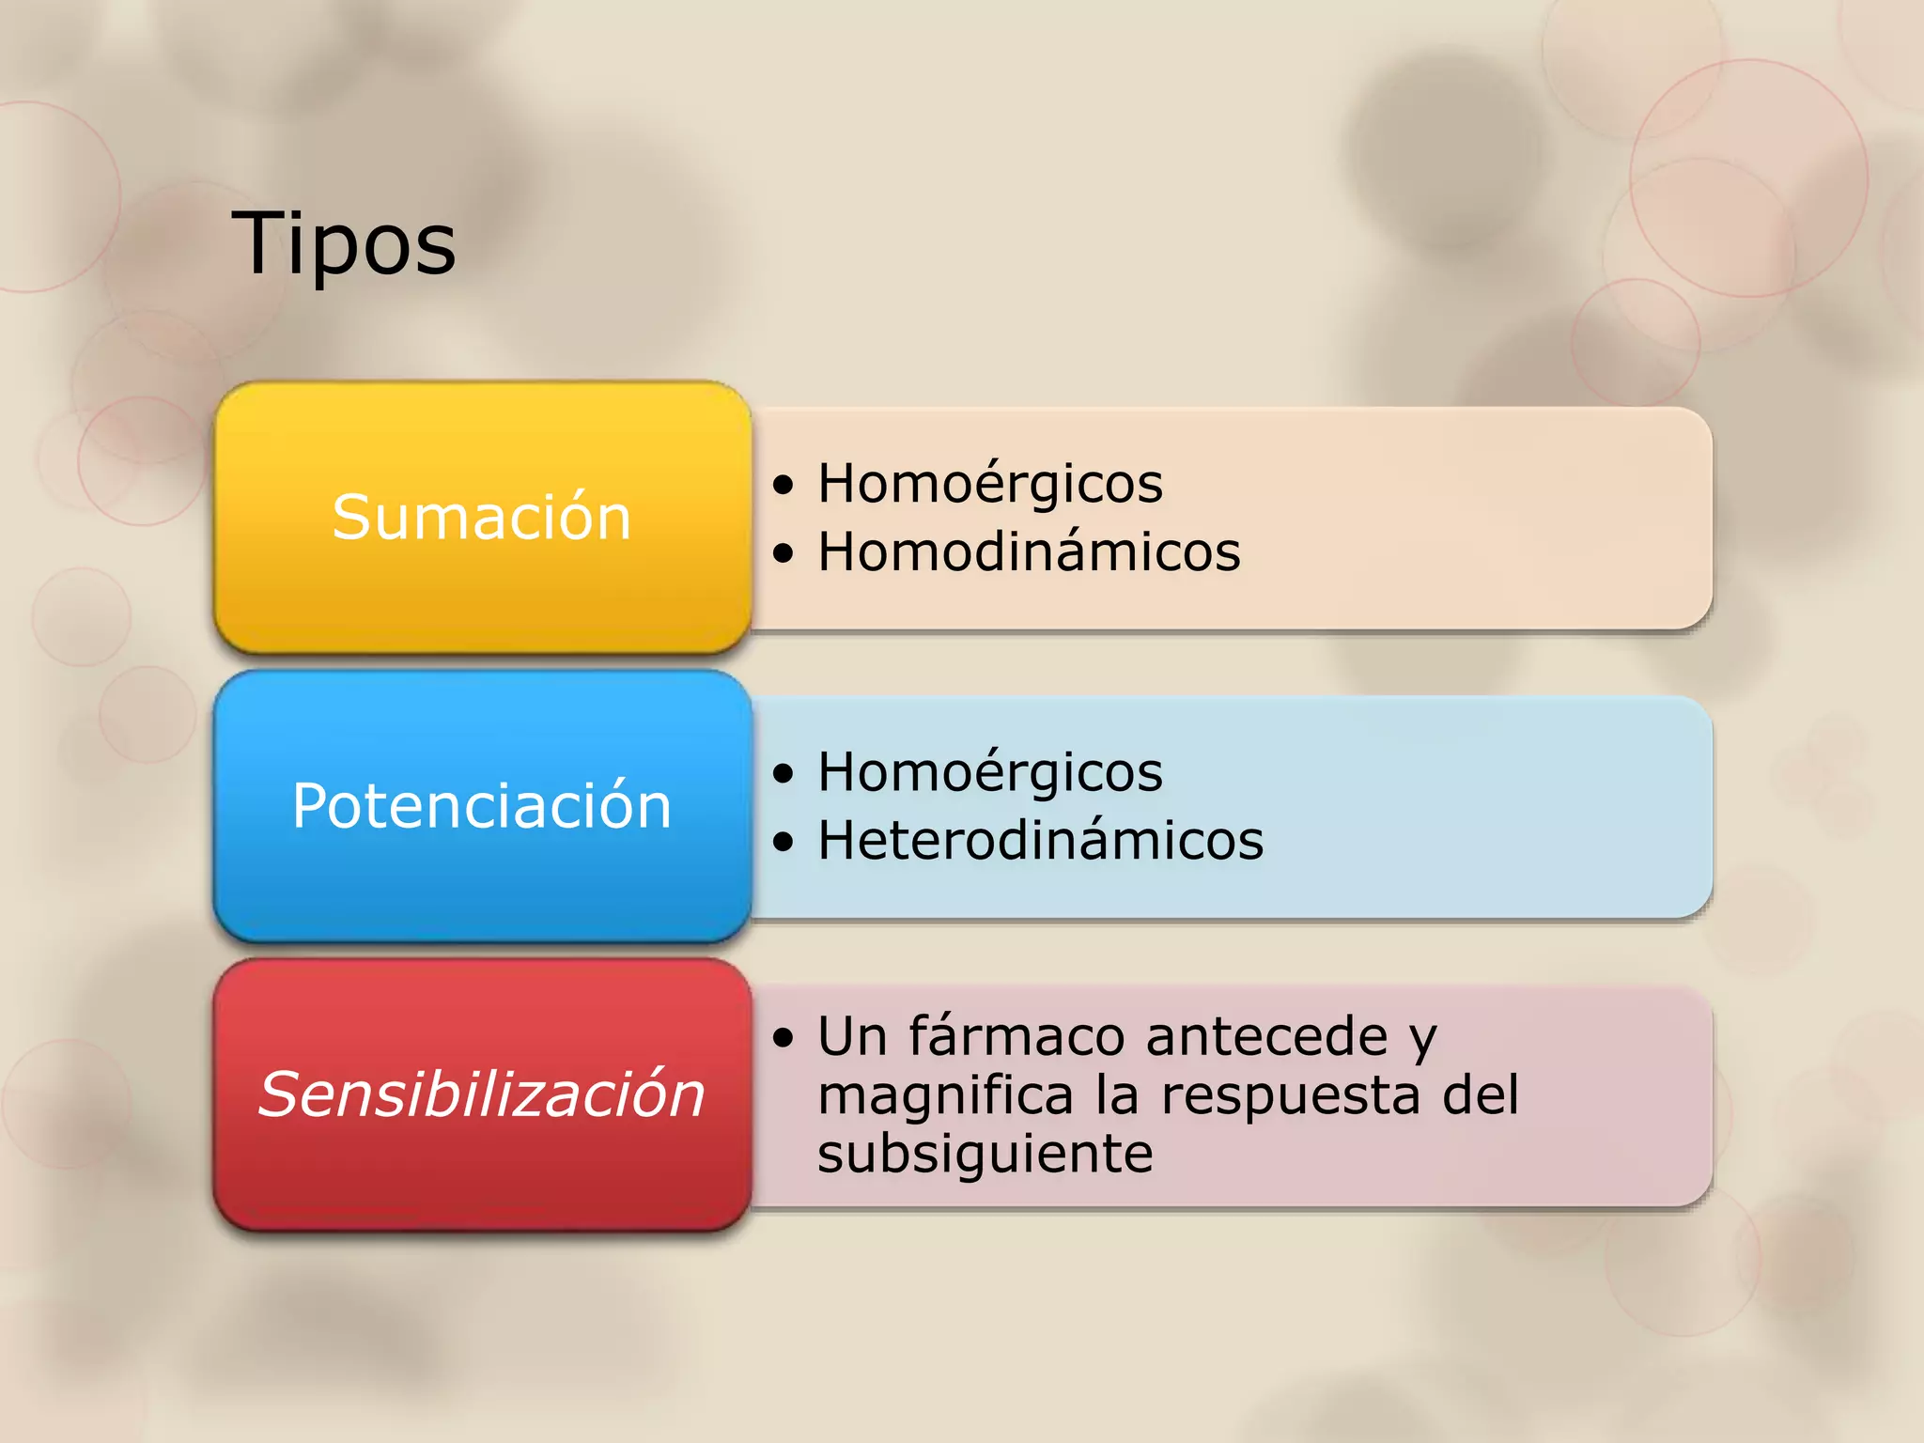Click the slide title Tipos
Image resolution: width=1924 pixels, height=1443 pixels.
344,243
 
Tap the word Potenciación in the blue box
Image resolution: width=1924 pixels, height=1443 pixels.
481,805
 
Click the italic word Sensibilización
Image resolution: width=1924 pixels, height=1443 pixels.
481,1094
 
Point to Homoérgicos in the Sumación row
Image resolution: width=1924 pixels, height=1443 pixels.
990,485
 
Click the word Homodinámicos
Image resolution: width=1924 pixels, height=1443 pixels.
1029,551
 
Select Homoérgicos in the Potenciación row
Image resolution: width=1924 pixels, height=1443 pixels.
990,773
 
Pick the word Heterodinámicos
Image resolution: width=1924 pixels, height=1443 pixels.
1040,840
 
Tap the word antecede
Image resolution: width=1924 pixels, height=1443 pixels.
1266,1036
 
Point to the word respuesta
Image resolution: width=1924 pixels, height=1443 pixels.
1291,1095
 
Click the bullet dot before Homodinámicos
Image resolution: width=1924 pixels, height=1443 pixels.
784,553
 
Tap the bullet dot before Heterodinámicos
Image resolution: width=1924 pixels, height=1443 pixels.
784,842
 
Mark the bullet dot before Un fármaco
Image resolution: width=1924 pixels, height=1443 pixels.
784,1038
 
